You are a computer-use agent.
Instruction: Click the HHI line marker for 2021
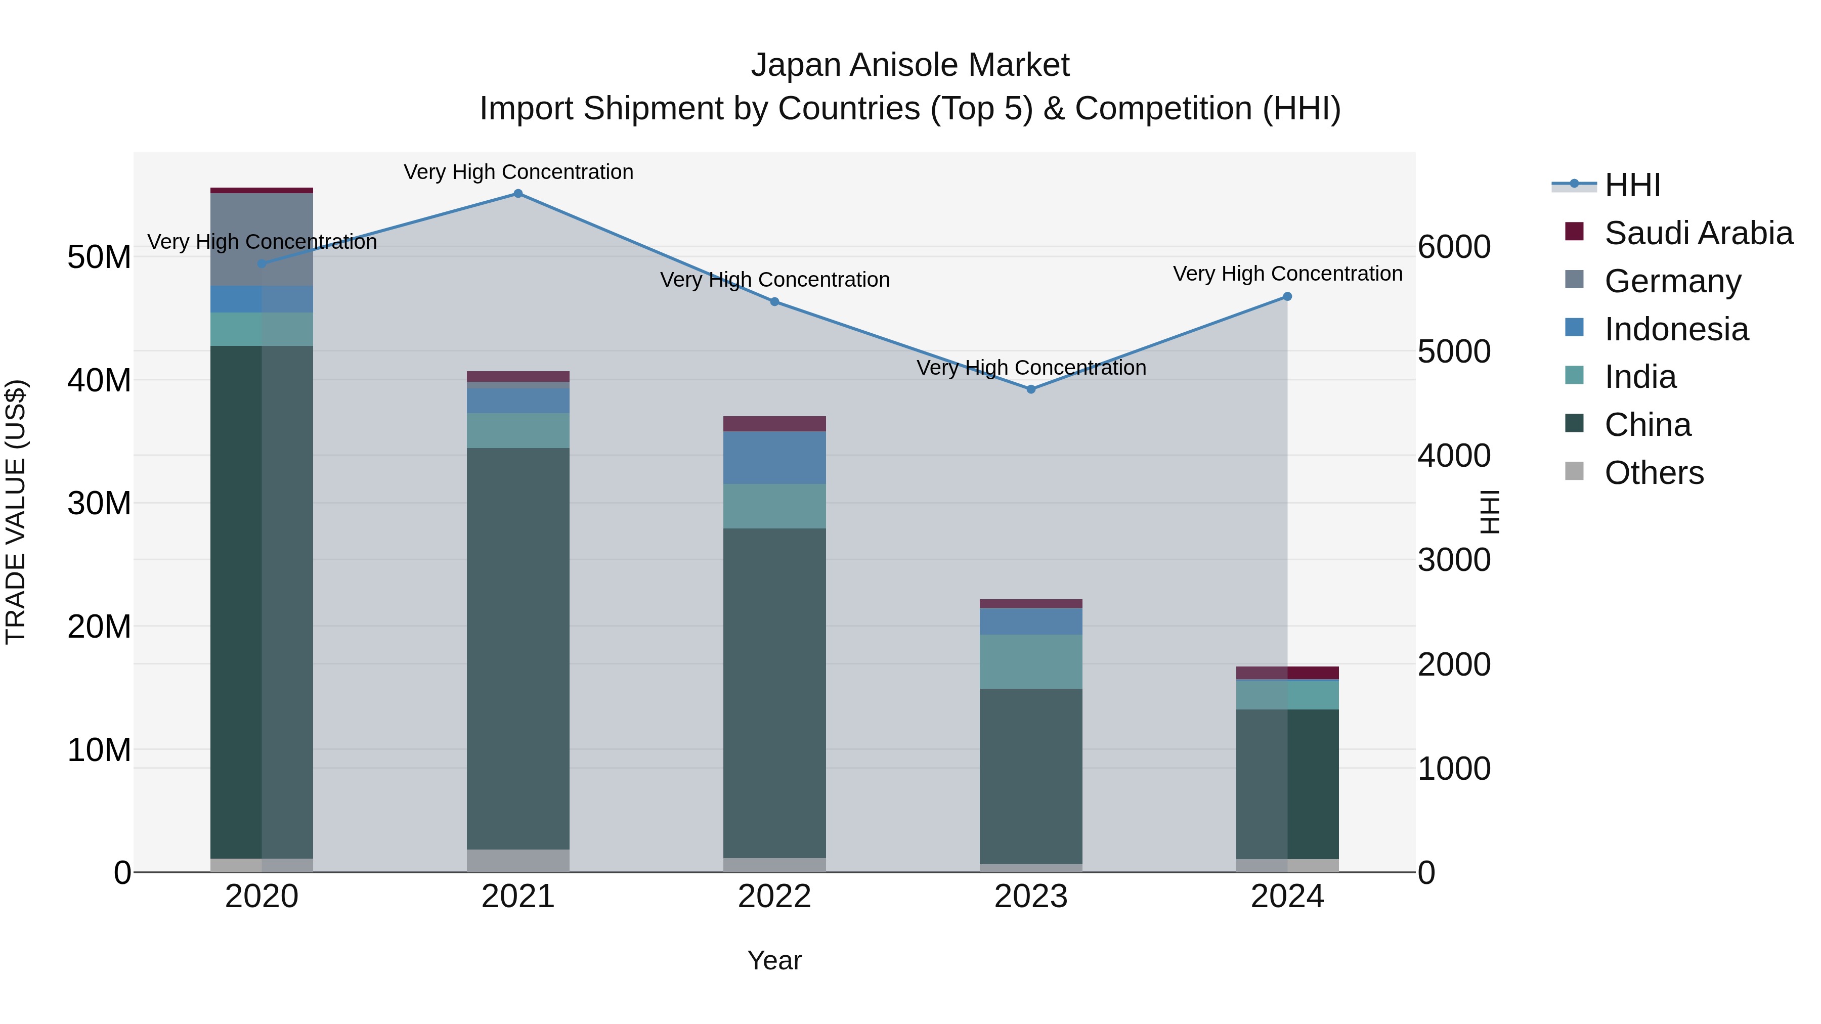tap(518, 194)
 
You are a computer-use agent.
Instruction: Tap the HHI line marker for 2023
tap(1031, 389)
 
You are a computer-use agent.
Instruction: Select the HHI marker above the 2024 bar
tap(1287, 297)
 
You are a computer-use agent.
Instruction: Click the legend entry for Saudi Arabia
tap(1698, 233)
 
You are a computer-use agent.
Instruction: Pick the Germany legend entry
tap(1673, 281)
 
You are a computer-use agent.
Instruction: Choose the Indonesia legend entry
tap(1676, 329)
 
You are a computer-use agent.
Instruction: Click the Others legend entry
tap(1654, 473)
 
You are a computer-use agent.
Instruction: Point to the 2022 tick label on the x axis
tap(774, 897)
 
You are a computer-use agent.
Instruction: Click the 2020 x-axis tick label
tap(262, 897)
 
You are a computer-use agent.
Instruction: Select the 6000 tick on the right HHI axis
tap(1454, 247)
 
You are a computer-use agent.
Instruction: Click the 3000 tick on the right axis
tap(1454, 560)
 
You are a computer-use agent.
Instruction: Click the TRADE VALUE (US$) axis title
tap(16, 512)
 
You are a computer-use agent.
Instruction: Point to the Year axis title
tap(774, 960)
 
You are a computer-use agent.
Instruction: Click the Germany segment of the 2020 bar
tap(262, 239)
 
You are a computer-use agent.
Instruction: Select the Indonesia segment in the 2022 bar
tap(774, 457)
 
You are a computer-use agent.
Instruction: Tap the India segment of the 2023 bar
tap(1031, 661)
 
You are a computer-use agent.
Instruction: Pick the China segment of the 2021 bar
tap(518, 648)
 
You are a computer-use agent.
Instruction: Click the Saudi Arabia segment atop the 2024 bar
tap(1287, 673)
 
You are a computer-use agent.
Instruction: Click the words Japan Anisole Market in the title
tap(910, 65)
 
